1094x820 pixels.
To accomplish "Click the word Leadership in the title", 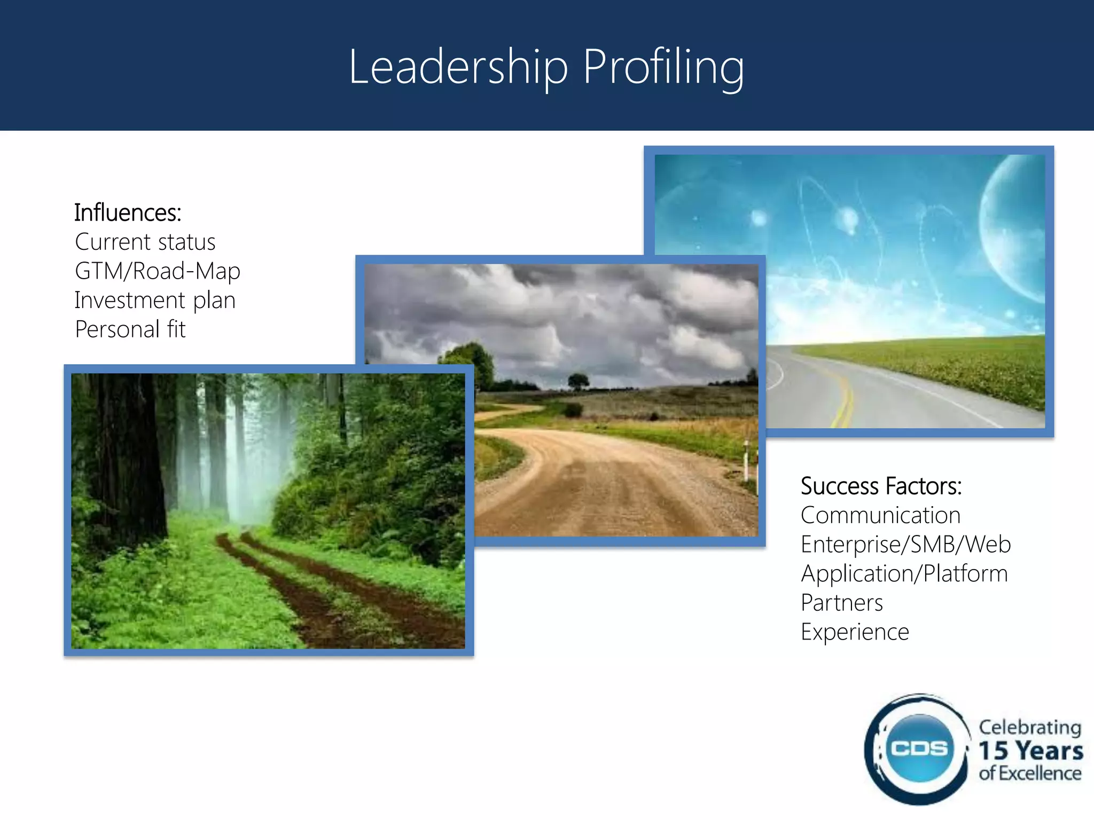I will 458,67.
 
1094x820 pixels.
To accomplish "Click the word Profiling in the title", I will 663,67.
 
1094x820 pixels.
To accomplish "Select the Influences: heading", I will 128,212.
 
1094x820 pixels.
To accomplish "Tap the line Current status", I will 145,242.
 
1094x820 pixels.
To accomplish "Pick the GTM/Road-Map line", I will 157,271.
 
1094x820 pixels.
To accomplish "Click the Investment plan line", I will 155,300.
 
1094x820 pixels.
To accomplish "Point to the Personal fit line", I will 130,329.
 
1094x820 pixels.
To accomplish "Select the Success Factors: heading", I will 881,486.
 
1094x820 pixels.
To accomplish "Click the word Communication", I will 880,516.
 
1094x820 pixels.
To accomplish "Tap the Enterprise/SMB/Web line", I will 905,545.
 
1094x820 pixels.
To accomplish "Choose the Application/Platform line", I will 904,574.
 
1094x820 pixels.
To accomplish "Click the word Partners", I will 841,603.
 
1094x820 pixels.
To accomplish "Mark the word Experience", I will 855,632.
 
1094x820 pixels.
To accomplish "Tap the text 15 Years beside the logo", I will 1030,750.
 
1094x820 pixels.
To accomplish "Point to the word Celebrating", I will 1030,727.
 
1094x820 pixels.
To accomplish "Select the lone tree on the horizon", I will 578,381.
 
